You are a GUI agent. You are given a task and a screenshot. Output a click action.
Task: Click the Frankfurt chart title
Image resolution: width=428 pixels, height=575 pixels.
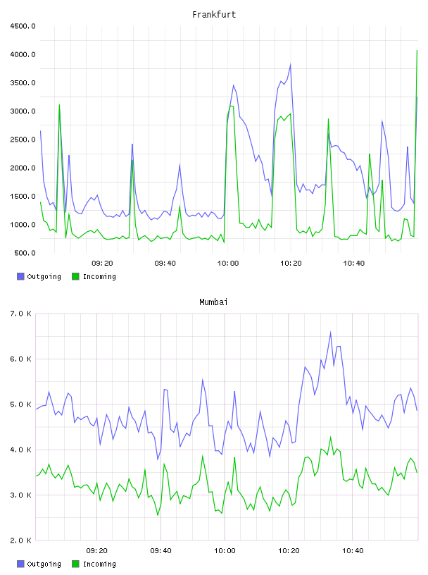click(x=214, y=15)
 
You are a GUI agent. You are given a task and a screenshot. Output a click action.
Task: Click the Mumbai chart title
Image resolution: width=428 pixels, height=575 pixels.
click(x=213, y=302)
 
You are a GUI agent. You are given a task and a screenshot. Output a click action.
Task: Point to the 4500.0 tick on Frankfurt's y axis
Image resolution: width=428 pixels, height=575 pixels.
click(x=23, y=26)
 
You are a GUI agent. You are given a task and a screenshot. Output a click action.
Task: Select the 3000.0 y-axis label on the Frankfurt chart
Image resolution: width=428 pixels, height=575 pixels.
click(x=23, y=111)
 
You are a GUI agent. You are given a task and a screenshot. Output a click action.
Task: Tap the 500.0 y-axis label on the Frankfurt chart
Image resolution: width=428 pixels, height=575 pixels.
click(x=25, y=253)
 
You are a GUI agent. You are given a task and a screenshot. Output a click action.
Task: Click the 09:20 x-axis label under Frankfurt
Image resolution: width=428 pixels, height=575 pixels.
click(x=102, y=264)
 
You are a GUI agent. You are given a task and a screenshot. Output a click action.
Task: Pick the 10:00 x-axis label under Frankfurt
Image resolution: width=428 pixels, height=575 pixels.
click(x=228, y=264)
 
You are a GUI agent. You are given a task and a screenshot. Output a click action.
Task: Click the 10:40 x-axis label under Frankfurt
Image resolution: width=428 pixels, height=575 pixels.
click(x=353, y=264)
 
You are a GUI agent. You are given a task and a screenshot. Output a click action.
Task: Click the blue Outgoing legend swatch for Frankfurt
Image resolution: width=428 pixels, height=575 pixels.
click(x=20, y=276)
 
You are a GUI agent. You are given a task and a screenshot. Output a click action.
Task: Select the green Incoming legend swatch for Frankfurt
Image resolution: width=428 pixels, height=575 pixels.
click(x=75, y=276)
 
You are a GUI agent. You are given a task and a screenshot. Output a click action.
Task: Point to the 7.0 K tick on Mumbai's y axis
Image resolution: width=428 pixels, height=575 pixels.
click(x=21, y=314)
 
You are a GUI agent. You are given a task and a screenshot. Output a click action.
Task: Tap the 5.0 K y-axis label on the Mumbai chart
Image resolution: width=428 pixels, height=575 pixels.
click(x=21, y=404)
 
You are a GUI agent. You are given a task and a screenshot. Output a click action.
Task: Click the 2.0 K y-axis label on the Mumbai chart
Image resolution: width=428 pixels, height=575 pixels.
click(x=21, y=540)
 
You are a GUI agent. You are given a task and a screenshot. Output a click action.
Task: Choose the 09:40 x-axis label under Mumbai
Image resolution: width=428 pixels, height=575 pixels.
click(x=161, y=551)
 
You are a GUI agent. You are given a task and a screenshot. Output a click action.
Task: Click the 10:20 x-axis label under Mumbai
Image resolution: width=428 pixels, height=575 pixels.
click(x=289, y=551)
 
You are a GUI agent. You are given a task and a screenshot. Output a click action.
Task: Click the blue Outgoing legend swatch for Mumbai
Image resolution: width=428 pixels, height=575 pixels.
click(x=20, y=564)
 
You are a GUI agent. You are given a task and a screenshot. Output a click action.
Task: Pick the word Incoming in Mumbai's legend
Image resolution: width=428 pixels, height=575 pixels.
click(x=99, y=564)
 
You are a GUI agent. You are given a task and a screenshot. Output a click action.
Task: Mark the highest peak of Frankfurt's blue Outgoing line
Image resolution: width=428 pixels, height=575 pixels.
click(x=290, y=65)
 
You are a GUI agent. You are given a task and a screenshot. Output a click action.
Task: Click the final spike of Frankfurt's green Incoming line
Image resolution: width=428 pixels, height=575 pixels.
click(x=417, y=51)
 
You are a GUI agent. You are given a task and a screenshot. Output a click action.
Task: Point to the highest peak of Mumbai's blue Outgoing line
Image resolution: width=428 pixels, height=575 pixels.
click(x=331, y=332)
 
